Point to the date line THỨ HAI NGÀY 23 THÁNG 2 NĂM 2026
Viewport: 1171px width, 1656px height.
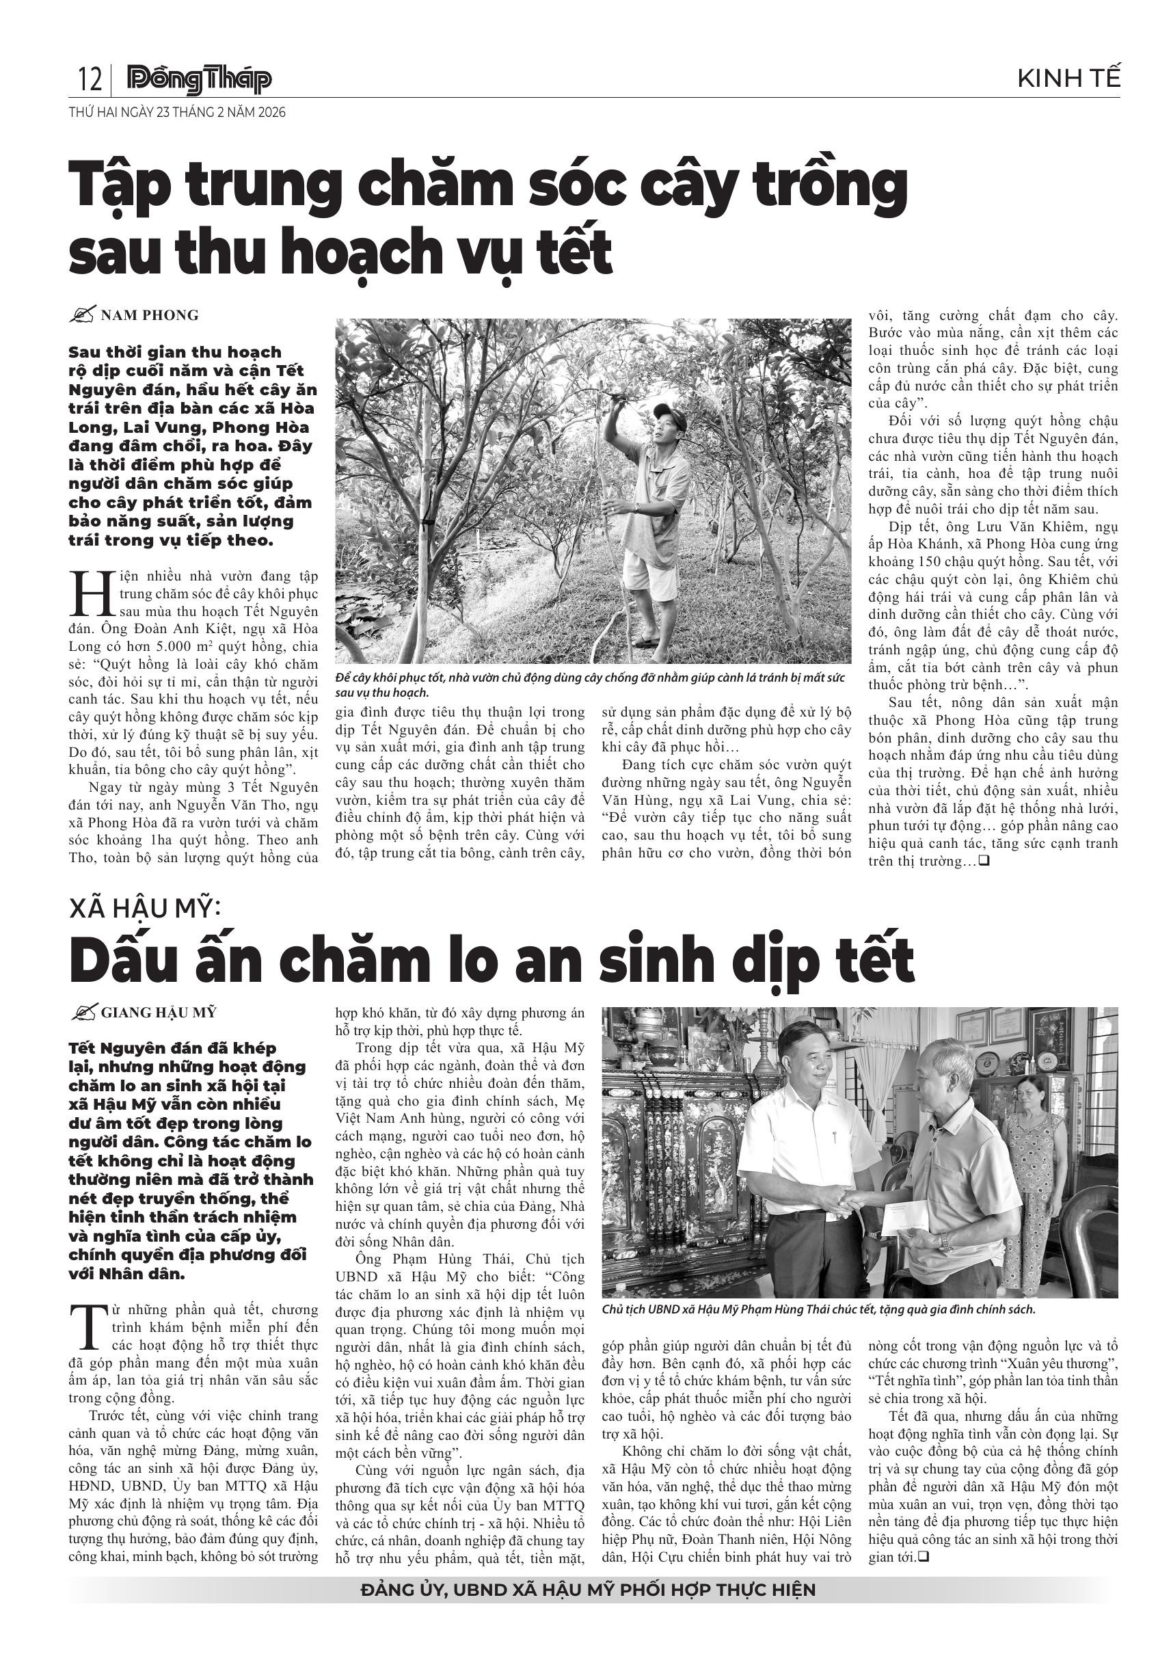pyautogui.click(x=177, y=113)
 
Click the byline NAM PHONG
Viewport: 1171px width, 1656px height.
pyautogui.click(x=149, y=315)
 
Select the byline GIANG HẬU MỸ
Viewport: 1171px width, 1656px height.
pyautogui.click(x=158, y=1013)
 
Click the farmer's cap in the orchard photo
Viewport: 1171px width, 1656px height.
pyautogui.click(x=665, y=412)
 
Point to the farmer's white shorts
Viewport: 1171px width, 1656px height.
pyautogui.click(x=651, y=575)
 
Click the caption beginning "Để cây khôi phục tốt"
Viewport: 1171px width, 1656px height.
pyautogui.click(x=590, y=685)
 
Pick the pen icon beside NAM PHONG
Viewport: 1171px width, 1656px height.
pyautogui.click(x=83, y=315)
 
